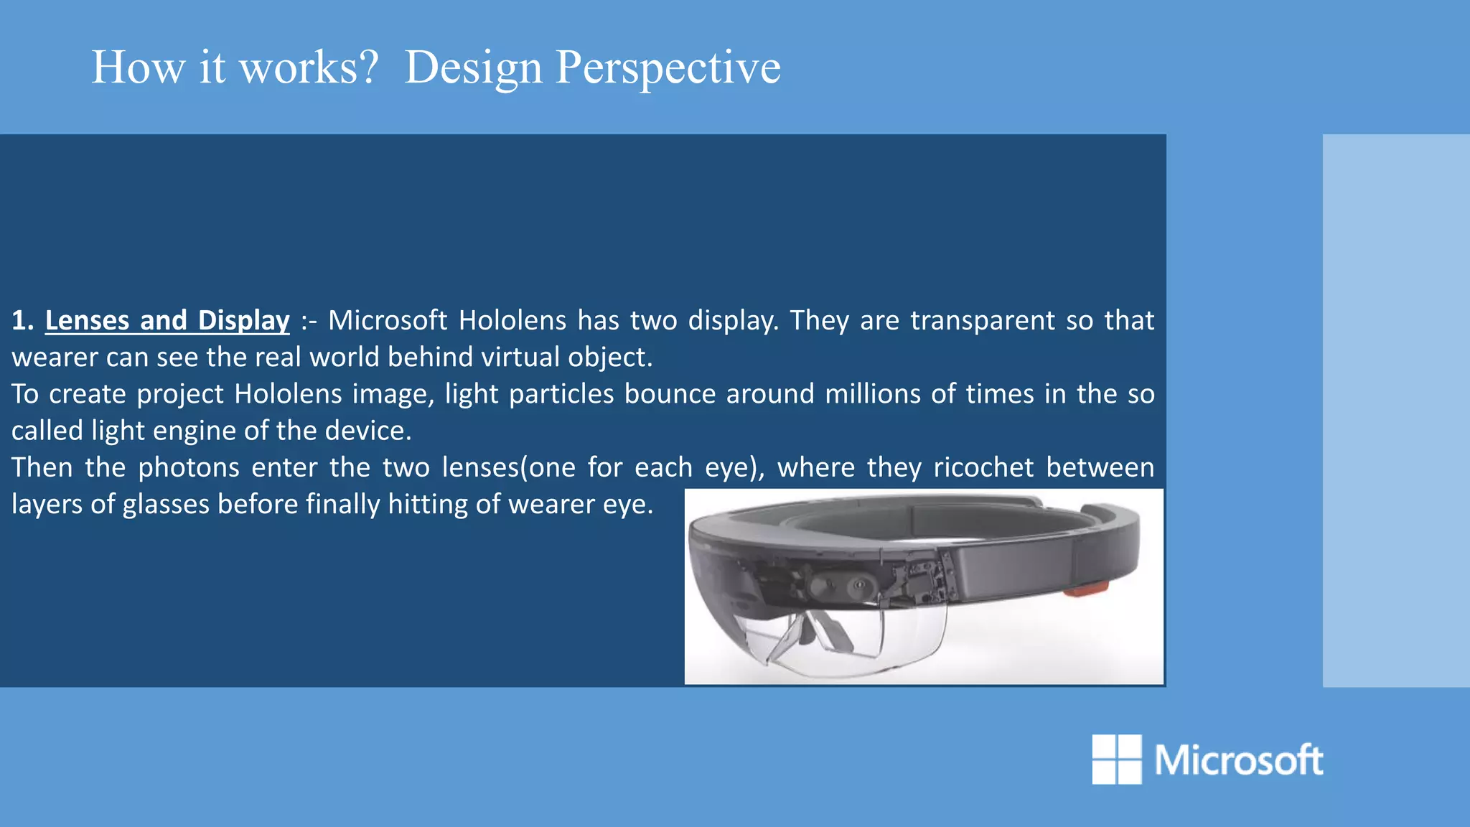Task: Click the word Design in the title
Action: click(473, 68)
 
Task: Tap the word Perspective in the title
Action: click(668, 68)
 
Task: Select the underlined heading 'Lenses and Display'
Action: click(167, 320)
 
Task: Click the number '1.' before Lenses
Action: click(22, 320)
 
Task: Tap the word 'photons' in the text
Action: click(188, 467)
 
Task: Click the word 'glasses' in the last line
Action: click(166, 504)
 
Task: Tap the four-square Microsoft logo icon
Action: click(1116, 759)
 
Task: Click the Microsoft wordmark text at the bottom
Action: click(1238, 760)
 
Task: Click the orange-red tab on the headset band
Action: click(1086, 590)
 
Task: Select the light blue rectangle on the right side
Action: click(1395, 410)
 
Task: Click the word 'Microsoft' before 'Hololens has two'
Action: click(388, 320)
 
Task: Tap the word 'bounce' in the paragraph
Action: click(670, 394)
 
